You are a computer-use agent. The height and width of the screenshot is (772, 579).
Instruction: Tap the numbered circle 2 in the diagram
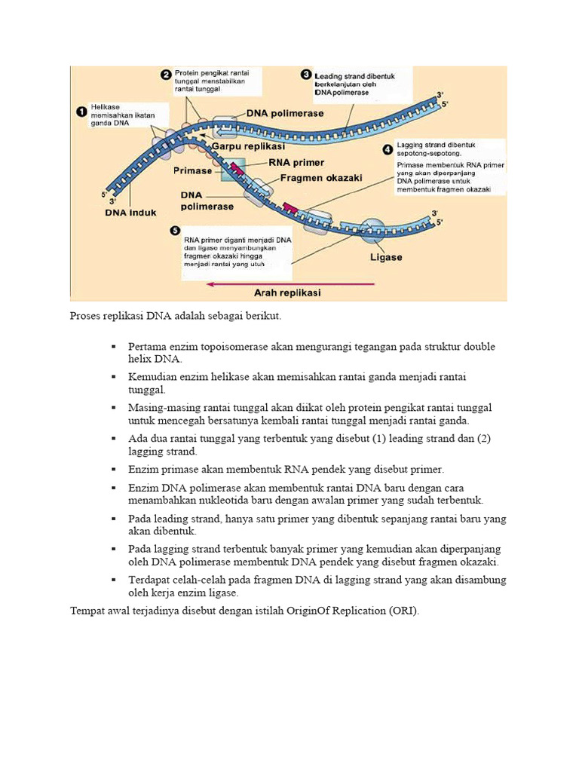[166, 74]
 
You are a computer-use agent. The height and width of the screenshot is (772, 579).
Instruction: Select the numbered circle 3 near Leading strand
[306, 75]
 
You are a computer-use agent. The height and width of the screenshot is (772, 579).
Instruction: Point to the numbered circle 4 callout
[388, 149]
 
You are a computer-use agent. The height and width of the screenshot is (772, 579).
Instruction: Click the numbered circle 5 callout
[176, 231]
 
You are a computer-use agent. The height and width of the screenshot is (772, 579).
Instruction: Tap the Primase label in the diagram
[193, 170]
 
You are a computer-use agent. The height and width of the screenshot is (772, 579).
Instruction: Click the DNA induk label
[131, 213]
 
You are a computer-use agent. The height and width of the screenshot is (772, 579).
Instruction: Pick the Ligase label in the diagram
[386, 257]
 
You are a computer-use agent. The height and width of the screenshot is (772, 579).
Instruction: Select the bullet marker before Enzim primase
[113, 468]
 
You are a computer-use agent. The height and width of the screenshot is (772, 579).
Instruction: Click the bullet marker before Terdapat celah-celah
[113, 580]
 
